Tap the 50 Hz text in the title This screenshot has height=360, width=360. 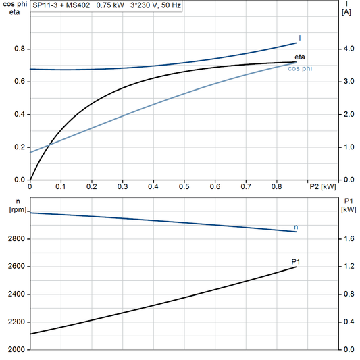169,6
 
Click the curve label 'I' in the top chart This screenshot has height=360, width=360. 299,38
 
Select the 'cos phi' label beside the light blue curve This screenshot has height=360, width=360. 300,68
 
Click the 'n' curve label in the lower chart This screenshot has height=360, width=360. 296,226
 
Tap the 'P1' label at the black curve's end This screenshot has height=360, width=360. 295,261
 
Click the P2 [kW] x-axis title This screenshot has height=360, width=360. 322,187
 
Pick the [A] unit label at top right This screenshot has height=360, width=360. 346,13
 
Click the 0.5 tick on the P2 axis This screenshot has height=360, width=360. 184,186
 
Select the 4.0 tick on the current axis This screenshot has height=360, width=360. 348,49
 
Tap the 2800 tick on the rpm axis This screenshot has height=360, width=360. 14,239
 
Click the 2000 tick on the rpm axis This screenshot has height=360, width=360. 14,350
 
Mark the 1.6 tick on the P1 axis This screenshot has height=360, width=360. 348,239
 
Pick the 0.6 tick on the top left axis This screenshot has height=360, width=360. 20,82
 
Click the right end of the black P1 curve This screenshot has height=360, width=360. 296,267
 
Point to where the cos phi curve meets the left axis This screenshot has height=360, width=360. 31,152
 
